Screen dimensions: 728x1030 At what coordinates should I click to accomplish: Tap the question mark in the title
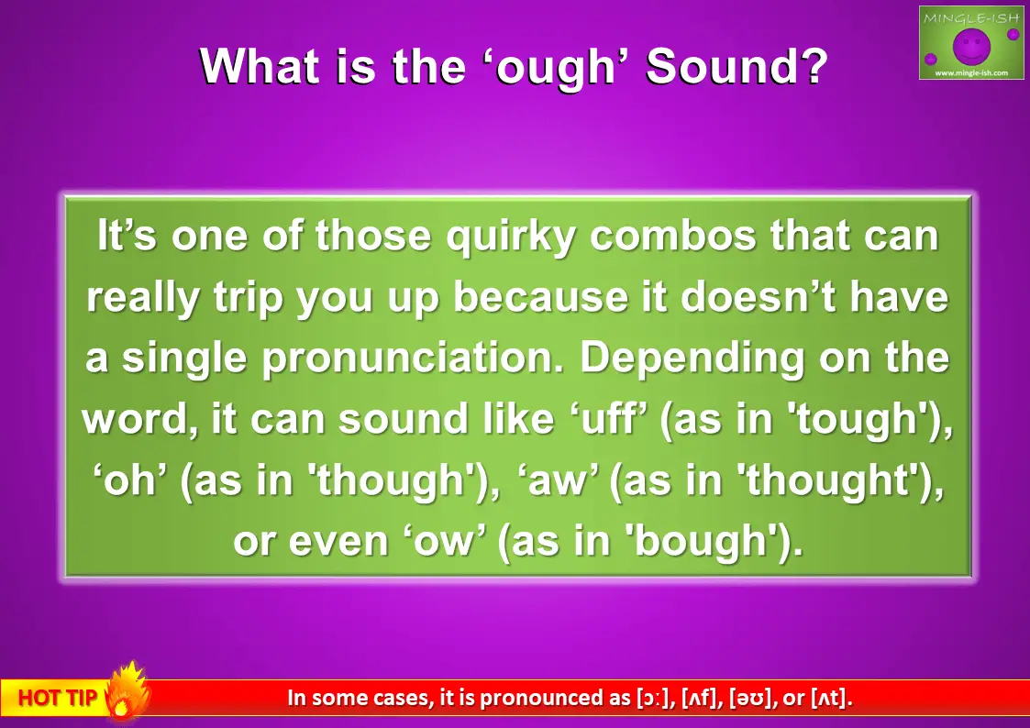[x=812, y=65]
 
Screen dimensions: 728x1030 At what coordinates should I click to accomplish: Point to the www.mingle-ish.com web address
[x=970, y=72]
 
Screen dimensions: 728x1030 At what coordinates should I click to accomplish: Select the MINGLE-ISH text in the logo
[x=970, y=17]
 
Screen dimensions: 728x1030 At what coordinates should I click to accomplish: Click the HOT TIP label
[x=57, y=698]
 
